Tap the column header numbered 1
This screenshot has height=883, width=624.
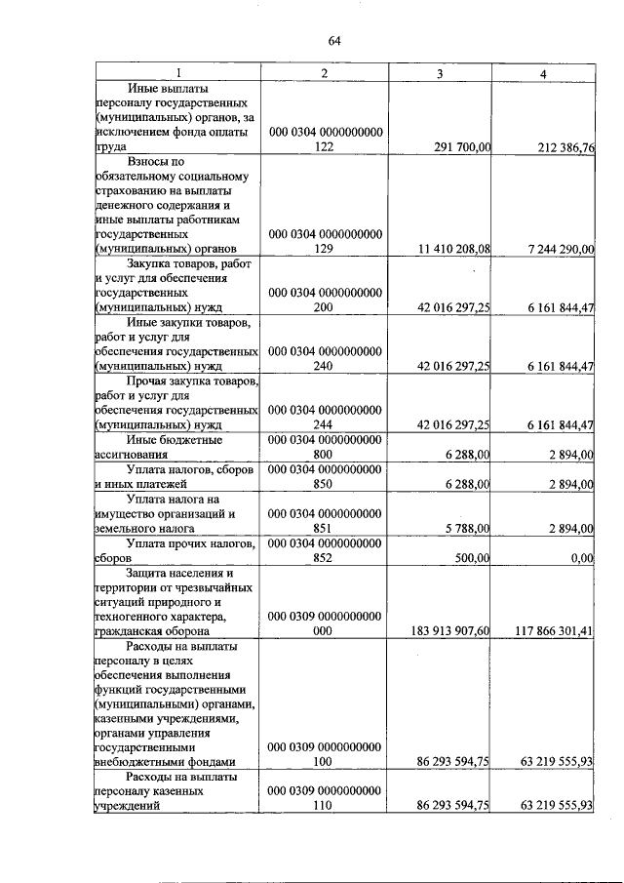click(176, 73)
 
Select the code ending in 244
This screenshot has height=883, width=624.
click(325, 417)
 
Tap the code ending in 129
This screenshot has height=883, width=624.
click(325, 241)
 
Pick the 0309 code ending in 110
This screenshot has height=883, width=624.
click(325, 798)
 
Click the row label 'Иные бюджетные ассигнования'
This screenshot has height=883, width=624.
click(175, 447)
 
